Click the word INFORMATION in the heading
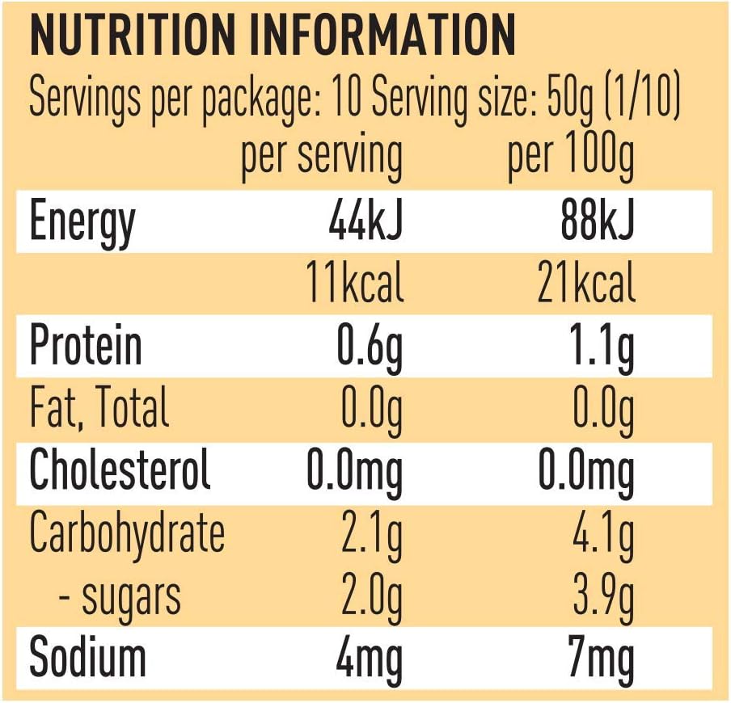[382, 35]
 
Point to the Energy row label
[82, 223]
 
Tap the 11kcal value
[355, 282]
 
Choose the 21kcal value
[586, 282]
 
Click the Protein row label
[86, 345]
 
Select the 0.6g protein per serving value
[370, 349]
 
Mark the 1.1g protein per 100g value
[602, 349]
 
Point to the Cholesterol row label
[120, 469]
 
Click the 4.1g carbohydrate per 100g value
[603, 537]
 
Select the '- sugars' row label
[120, 598]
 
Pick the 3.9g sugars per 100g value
[603, 599]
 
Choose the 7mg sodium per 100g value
[602, 659]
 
